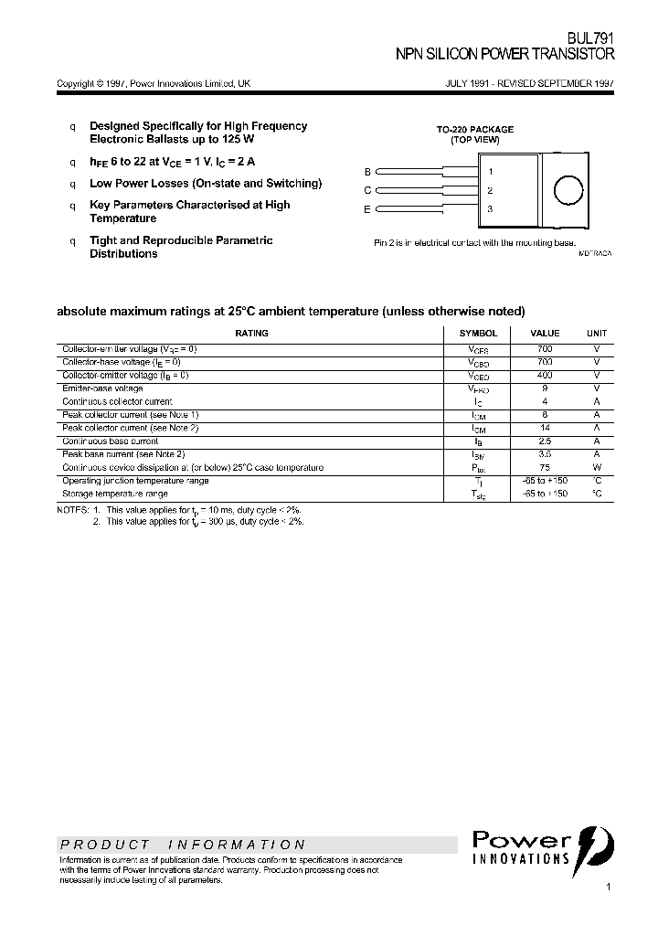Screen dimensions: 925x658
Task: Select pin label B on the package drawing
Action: coord(367,172)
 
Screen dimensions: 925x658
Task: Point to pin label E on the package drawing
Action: coord(367,209)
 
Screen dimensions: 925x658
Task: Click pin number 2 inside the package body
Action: coord(490,190)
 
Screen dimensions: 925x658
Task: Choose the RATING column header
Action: coord(252,334)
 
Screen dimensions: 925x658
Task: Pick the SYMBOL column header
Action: coord(478,334)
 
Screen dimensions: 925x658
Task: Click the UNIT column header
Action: coord(596,334)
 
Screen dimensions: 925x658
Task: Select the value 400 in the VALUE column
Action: coord(546,375)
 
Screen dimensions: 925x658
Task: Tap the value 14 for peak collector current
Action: coord(546,428)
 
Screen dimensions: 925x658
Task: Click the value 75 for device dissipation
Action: coord(546,467)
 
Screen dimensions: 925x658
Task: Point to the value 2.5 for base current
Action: coord(546,441)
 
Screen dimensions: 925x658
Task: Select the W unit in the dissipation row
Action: coord(596,467)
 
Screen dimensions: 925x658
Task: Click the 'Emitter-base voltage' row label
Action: coord(102,388)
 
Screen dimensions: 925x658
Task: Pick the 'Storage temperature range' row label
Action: coord(114,494)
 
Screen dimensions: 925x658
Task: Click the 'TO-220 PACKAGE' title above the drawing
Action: coord(474,130)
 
